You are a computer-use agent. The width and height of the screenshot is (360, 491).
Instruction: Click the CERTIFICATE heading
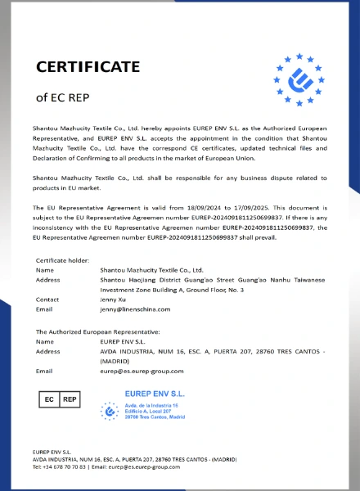click(x=87, y=66)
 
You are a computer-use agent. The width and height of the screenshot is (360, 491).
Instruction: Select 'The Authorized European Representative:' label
click(x=97, y=331)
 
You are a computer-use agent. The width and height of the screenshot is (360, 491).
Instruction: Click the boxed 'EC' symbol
click(x=49, y=399)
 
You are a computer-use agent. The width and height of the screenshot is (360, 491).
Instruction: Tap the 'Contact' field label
click(x=47, y=300)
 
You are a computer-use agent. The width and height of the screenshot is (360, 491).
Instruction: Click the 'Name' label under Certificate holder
click(x=45, y=269)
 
